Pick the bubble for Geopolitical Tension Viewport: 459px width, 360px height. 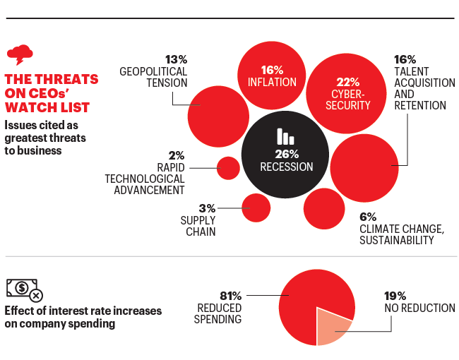click(218, 107)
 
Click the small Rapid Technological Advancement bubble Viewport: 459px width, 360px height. click(229, 168)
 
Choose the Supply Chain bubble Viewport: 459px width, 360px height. click(256, 208)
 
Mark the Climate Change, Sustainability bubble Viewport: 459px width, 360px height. click(324, 209)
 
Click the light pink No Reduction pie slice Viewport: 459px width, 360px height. click(333, 326)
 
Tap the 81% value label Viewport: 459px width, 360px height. click(231, 295)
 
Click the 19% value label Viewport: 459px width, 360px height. click(396, 295)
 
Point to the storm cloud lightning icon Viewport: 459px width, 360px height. click(19, 55)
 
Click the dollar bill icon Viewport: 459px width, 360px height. click(23, 288)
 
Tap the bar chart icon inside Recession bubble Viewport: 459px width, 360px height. click(285, 136)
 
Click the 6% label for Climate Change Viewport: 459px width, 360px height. click(368, 217)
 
